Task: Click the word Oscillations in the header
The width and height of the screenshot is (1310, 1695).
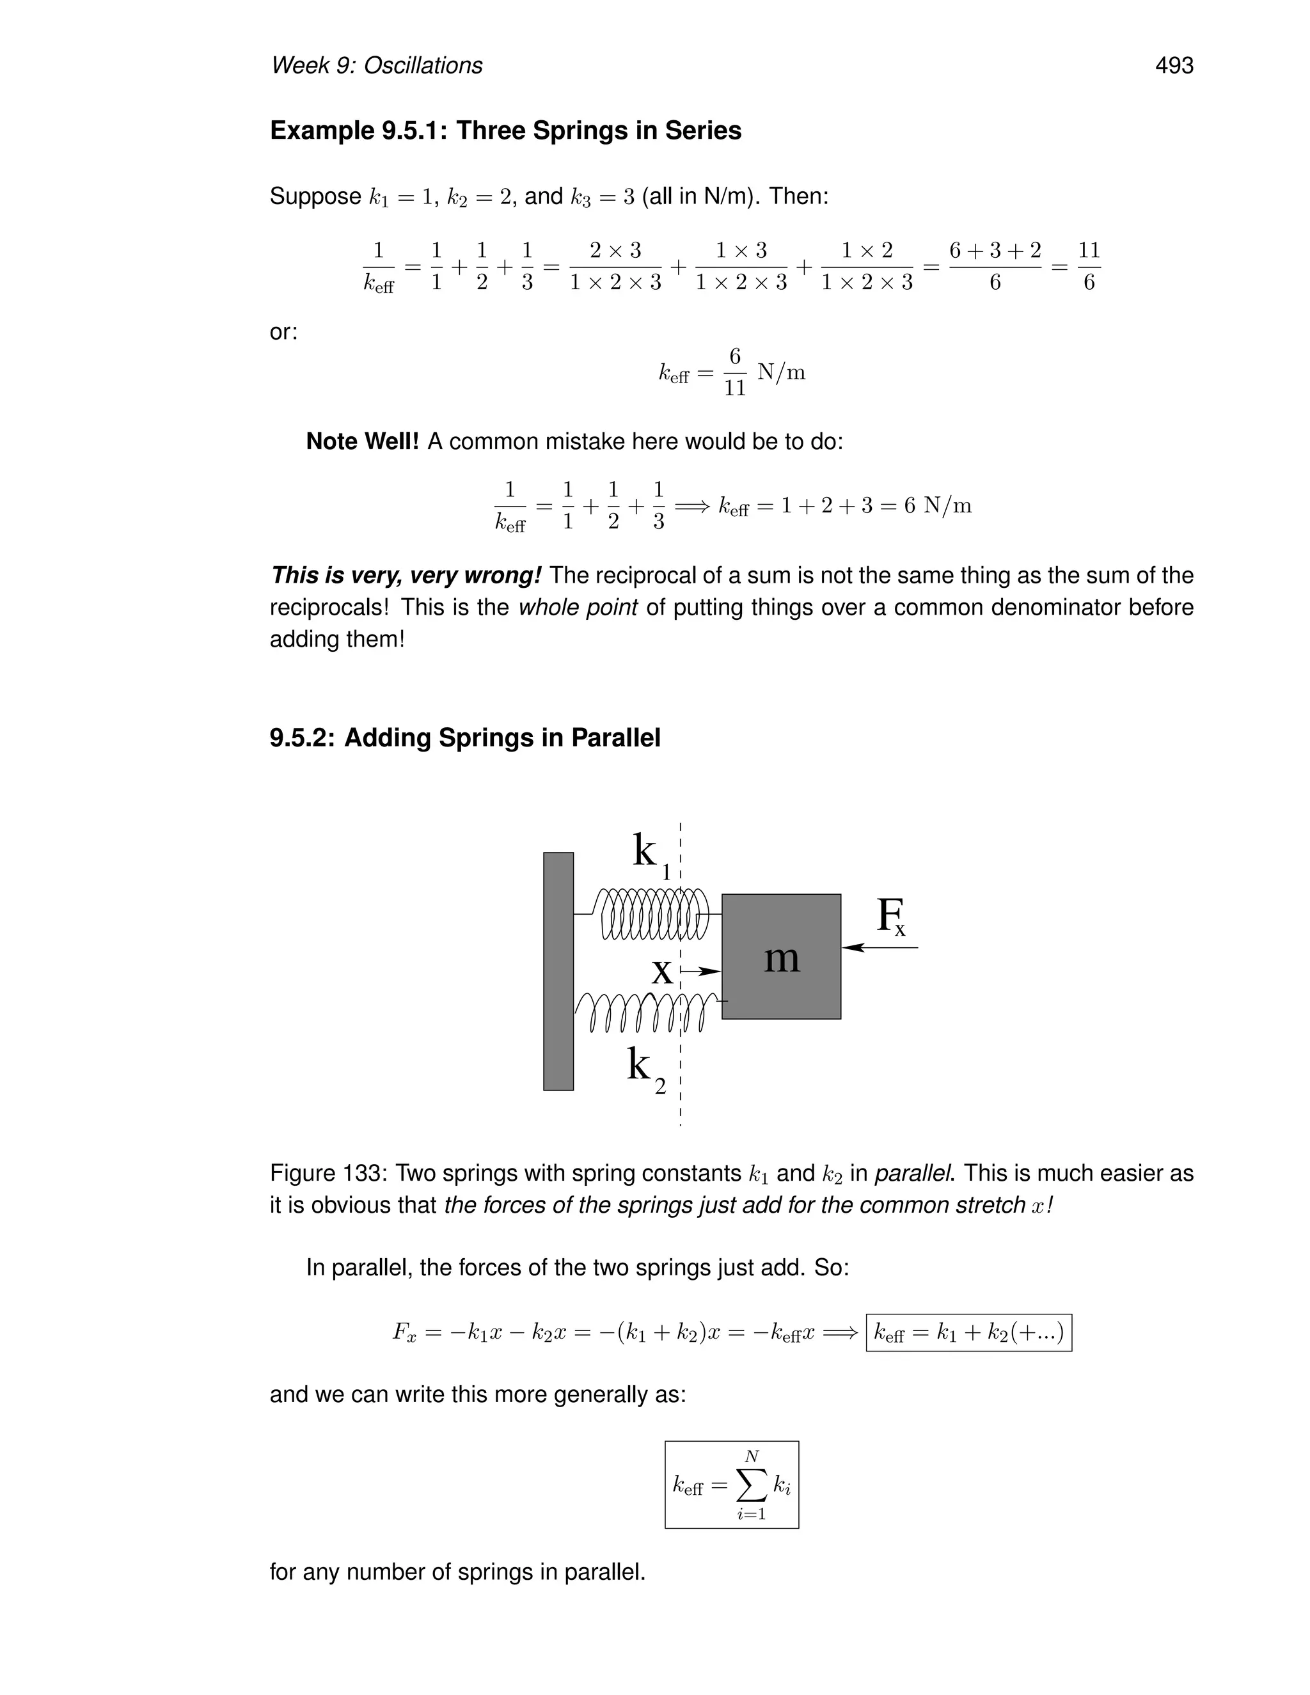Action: (423, 66)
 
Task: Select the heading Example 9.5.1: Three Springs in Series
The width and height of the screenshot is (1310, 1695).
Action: (505, 130)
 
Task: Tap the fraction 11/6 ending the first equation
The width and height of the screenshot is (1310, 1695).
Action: (1088, 266)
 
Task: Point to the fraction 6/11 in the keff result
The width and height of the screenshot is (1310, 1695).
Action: (734, 372)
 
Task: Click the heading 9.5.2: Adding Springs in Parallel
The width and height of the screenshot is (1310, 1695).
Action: (465, 737)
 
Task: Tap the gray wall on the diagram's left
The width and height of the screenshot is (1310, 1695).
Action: (558, 971)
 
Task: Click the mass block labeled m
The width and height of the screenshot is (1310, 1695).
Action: (781, 956)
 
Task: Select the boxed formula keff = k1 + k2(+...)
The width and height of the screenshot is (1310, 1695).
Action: (968, 1332)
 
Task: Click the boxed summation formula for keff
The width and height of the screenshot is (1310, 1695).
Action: (731, 1485)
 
